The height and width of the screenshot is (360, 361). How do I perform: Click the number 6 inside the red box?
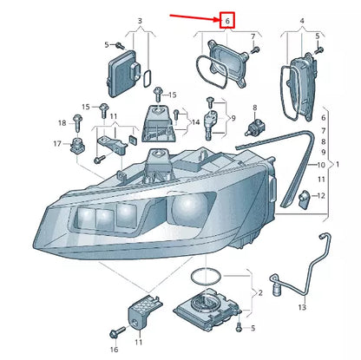(226, 19)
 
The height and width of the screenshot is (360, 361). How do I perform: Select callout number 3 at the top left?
(139, 19)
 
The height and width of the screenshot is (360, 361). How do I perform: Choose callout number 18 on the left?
(62, 122)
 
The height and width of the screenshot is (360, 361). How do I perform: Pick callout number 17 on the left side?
(57, 143)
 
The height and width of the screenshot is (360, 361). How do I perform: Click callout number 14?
(197, 124)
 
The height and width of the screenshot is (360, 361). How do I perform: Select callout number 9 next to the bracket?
(232, 117)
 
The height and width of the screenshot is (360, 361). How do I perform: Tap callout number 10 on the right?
(322, 165)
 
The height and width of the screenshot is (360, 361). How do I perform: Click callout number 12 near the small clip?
(322, 196)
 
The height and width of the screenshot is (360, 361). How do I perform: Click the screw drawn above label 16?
(114, 332)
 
